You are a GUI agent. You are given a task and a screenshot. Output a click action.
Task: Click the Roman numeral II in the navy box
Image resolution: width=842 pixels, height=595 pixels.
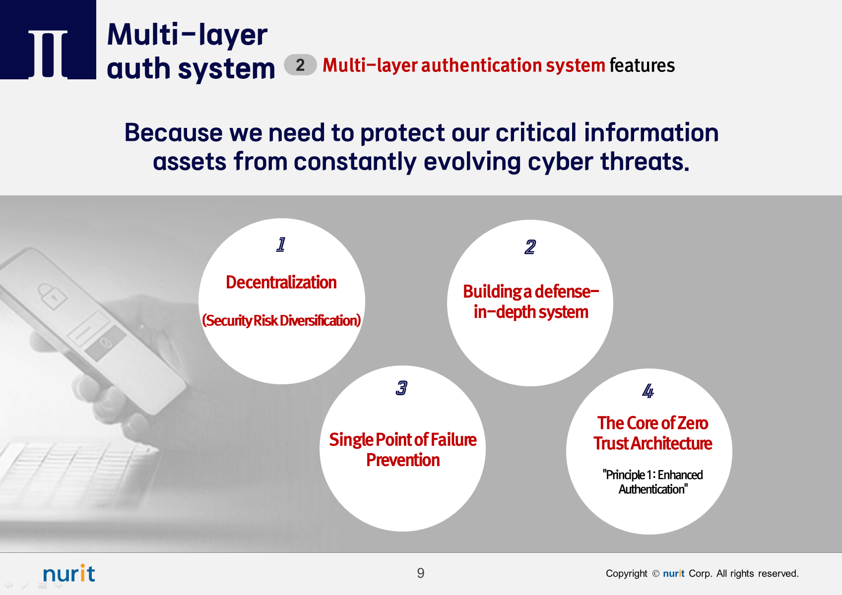[48, 54]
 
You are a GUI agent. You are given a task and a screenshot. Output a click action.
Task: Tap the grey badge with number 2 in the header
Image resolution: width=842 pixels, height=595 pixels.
[300, 65]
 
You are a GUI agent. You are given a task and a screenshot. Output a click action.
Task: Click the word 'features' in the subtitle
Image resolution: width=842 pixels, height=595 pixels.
[642, 65]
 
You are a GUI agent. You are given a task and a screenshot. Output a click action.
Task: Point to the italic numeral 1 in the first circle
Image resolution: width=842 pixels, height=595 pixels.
[281, 244]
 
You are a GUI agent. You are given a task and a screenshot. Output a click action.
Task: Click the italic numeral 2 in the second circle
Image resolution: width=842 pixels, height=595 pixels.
[530, 247]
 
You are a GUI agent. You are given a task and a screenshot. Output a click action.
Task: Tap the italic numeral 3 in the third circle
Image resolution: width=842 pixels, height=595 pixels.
[401, 388]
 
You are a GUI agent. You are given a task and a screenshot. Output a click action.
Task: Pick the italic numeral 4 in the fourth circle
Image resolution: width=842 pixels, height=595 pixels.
[648, 391]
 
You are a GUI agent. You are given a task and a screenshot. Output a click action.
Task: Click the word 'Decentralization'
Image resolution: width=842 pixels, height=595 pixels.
[281, 283]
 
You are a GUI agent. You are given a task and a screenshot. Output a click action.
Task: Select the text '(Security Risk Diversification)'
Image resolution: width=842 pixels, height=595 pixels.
[281, 320]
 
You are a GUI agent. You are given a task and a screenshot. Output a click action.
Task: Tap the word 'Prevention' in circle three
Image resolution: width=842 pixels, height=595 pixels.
[403, 460]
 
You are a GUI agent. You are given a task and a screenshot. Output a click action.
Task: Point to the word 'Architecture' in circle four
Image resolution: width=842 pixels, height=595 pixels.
[671, 444]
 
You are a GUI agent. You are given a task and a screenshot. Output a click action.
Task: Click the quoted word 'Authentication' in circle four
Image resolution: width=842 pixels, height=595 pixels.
[653, 489]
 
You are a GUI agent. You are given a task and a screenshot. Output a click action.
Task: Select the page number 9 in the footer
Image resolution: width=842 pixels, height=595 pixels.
[421, 573]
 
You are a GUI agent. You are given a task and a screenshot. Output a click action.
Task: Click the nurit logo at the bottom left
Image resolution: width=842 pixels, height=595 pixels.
[69, 573]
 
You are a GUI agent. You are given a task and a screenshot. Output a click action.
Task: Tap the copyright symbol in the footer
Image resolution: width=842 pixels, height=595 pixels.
[655, 574]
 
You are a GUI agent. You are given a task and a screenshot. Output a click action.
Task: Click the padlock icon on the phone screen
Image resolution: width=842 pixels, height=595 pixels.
[52, 297]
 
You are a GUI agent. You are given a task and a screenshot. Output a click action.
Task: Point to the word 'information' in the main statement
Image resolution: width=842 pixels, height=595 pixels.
[651, 133]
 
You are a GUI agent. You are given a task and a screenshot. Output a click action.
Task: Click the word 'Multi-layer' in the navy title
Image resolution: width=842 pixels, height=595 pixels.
[187, 35]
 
